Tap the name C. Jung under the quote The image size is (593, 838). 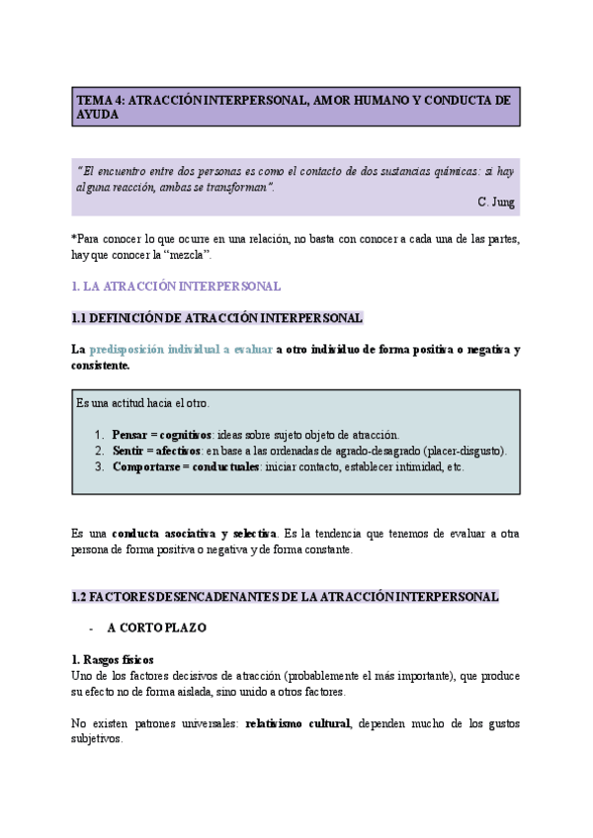pos(495,202)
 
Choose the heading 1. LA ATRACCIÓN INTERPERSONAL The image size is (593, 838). pos(176,287)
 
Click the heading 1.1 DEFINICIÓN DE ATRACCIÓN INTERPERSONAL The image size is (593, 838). pos(217,318)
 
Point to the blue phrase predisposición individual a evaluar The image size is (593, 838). pos(181,350)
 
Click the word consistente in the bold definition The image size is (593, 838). pos(100,366)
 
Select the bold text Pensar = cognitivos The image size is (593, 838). pos(161,435)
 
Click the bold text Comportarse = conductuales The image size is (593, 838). pos(185,466)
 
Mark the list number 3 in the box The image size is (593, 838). pos(99,466)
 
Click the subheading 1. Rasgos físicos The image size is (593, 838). pos(113,660)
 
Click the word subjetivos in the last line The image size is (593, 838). pos(96,738)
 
